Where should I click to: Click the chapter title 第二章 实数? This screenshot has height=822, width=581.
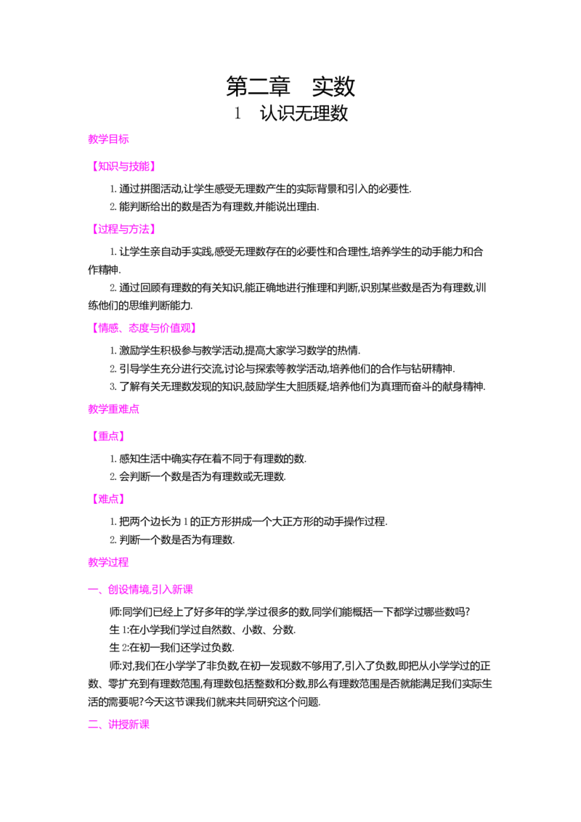(290, 86)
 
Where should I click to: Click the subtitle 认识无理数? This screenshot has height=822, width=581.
(304, 113)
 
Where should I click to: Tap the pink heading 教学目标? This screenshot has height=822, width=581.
(108, 139)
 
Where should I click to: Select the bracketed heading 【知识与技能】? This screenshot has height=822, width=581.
(123, 167)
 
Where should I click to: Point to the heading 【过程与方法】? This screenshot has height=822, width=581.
(123, 229)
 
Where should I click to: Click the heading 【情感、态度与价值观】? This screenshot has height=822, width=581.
(145, 328)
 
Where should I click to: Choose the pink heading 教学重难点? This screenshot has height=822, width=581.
(114, 410)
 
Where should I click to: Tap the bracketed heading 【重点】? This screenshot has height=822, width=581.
(108, 436)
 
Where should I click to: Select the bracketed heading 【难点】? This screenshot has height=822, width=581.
(108, 499)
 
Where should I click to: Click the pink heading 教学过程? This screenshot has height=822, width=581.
(108, 563)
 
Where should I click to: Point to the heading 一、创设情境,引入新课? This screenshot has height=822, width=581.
(141, 590)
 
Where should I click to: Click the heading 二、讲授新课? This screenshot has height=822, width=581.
(119, 725)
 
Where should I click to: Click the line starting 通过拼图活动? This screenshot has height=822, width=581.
(261, 190)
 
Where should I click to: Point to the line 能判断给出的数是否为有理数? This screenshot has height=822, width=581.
(214, 207)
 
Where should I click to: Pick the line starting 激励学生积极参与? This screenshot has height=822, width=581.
(235, 351)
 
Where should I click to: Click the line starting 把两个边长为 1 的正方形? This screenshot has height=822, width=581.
(248, 522)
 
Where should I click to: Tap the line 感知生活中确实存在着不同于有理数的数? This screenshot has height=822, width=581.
(208, 459)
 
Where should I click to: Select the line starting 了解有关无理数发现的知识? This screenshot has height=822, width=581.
(298, 387)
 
